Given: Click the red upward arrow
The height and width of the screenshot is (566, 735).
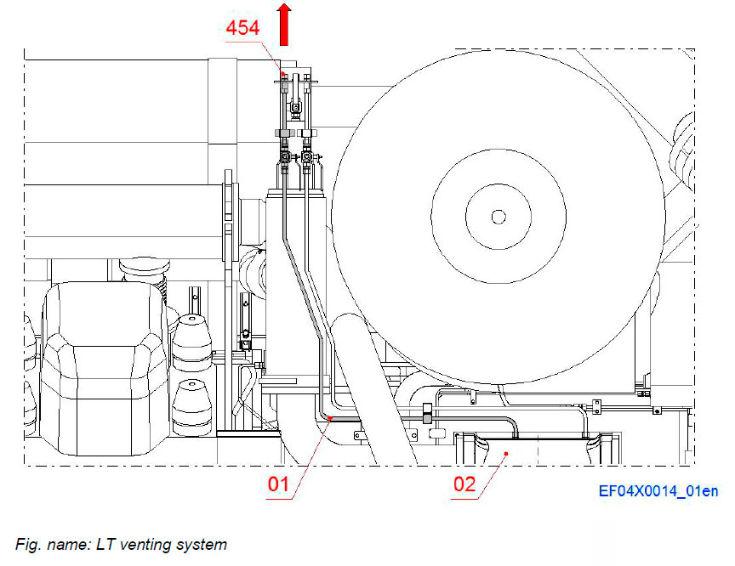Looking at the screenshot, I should (284, 24).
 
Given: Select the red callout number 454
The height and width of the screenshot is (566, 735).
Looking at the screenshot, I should (243, 29).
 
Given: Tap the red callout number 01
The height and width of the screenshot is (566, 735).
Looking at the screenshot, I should (280, 487).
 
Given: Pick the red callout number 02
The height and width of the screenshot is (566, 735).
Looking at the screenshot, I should (463, 487).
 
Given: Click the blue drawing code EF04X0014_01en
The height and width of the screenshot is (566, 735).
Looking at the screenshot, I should (658, 491).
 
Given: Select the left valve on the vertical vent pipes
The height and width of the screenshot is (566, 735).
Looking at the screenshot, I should (285, 158).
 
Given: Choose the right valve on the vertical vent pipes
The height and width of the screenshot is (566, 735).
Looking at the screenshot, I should (306, 158).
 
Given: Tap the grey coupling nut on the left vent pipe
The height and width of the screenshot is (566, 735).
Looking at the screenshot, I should (283, 133).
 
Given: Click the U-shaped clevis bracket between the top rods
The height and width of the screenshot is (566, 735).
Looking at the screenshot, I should (294, 107).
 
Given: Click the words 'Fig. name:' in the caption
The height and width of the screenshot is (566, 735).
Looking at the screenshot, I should (48, 544).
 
